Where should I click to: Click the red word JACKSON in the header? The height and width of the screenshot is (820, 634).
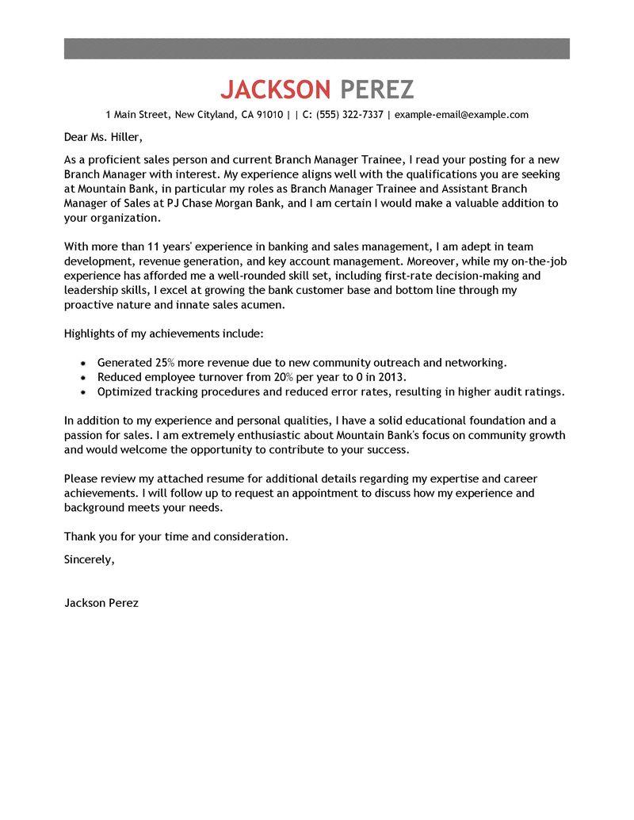tap(277, 90)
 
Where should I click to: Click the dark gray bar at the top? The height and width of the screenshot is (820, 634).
tap(316, 48)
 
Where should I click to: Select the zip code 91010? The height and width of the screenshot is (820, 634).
tap(269, 115)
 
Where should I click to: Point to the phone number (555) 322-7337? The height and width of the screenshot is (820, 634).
tap(349, 115)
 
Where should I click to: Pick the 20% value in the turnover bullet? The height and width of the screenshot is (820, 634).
tap(304, 376)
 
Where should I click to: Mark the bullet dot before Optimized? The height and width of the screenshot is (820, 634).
tap(84, 391)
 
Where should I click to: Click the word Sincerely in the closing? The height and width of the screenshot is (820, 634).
tap(89, 559)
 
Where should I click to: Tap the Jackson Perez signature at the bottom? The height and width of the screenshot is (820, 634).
tap(101, 602)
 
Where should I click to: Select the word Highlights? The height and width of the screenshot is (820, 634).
tap(90, 334)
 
